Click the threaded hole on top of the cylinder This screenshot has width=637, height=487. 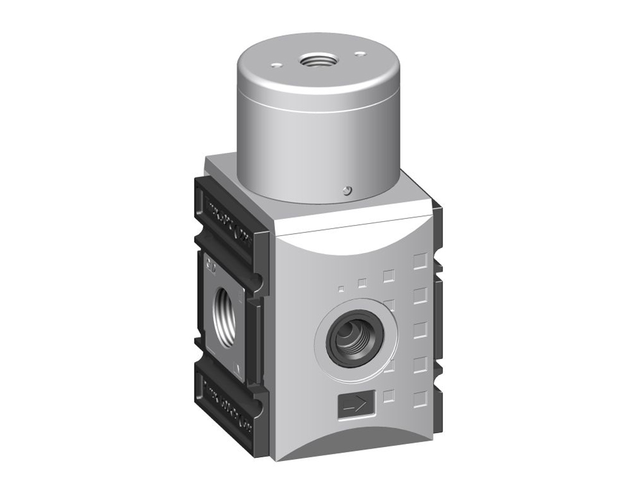point(314,61)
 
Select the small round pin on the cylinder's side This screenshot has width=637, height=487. point(345,191)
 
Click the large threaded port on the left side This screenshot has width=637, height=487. point(225,315)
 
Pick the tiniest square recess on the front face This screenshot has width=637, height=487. point(341,289)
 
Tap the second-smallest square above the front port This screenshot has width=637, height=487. point(362,283)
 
